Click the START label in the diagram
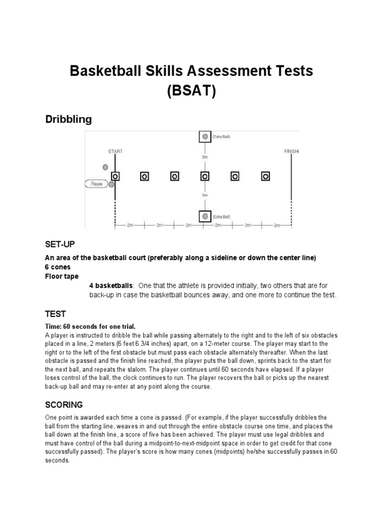pos(115,151)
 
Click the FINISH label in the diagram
pos(292,151)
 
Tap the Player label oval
pos(96,184)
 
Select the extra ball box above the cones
pos(204,137)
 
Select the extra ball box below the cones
pos(204,216)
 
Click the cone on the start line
pos(115,176)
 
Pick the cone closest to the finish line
pos(265,176)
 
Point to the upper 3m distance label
pos(205,157)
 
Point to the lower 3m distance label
pos(205,195)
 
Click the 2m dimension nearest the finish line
pos(277,226)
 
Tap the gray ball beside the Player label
pos(111,185)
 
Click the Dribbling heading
pos(68,120)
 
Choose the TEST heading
pos(55,314)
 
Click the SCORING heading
pos(64,404)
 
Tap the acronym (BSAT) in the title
pos(191,92)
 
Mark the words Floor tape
pos(62,276)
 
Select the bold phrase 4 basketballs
pos(111,285)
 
